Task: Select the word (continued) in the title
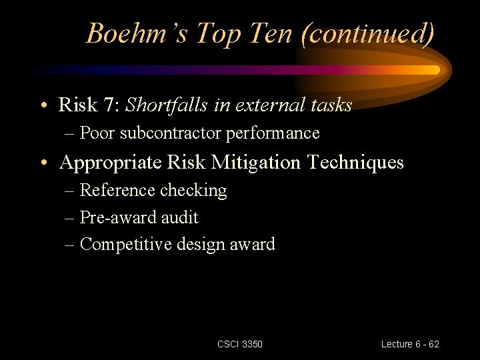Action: click(367, 33)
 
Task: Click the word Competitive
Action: click(125, 245)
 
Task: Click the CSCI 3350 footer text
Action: click(240, 344)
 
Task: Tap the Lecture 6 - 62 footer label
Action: click(410, 344)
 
